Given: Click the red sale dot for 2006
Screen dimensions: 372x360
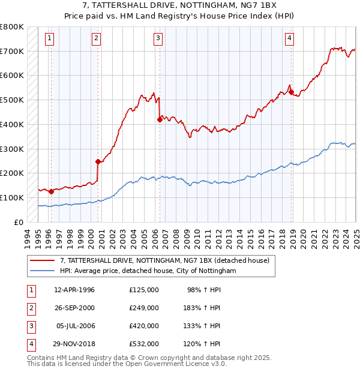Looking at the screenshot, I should [x=160, y=119].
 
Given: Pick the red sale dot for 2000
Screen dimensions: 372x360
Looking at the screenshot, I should [x=98, y=161].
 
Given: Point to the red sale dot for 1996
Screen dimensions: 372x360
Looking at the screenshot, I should [x=51, y=191].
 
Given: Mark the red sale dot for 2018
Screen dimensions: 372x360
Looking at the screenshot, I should [x=291, y=92].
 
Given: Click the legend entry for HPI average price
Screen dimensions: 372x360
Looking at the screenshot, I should [x=148, y=271].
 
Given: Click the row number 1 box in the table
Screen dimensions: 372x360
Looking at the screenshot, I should [x=30, y=290].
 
